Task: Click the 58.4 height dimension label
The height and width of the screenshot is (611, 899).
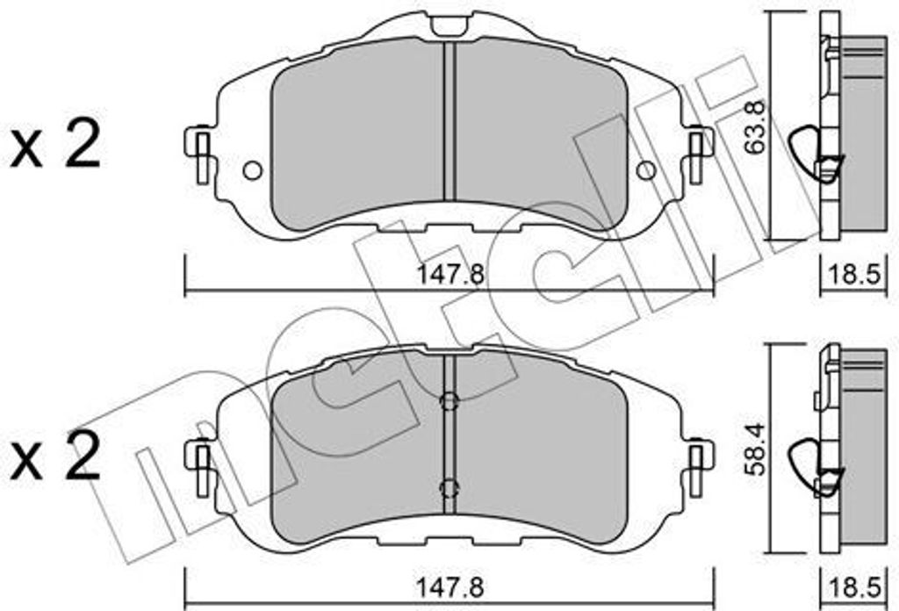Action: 755,449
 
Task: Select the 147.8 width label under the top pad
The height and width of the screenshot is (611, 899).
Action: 450,275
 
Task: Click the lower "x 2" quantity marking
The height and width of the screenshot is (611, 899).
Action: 55,456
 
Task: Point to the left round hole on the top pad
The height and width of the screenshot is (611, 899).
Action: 252,170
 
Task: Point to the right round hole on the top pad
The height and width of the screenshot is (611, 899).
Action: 646,169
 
